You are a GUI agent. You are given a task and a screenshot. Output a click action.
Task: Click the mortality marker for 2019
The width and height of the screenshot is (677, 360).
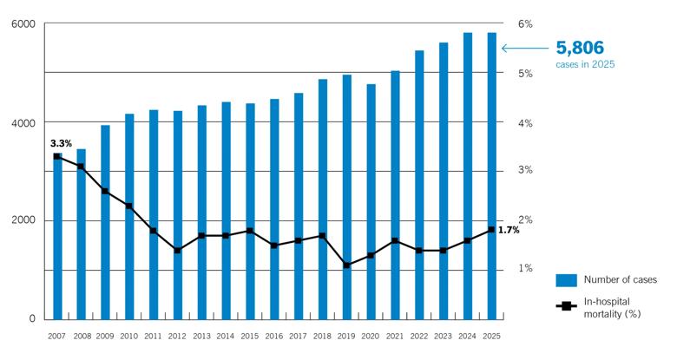pos(346,265)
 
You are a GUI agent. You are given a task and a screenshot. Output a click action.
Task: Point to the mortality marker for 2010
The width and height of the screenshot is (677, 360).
pos(129,206)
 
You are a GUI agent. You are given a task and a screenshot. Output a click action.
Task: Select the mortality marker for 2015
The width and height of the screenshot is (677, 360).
pos(250,231)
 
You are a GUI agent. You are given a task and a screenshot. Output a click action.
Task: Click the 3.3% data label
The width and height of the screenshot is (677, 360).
pos(61,143)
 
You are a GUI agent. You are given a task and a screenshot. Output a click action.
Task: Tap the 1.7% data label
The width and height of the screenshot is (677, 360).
pos(509,230)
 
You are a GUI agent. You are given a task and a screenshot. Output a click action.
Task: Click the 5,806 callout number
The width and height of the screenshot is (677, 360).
pos(580,48)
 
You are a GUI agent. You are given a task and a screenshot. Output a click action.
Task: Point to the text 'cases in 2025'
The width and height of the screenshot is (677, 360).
pos(586,65)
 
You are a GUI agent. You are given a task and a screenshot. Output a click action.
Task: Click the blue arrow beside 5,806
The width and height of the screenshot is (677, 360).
pos(526,49)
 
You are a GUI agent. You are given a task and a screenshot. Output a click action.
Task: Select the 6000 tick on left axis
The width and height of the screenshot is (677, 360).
pos(23,23)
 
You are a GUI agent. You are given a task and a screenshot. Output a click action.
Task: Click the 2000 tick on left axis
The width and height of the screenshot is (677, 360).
pos(23,220)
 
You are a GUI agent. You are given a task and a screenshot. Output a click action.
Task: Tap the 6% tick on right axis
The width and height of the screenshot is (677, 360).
pos(524,23)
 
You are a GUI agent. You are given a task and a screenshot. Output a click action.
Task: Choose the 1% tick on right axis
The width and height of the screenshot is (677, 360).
pos(524,269)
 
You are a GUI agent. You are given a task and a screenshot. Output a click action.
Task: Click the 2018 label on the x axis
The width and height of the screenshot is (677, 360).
pos(322,336)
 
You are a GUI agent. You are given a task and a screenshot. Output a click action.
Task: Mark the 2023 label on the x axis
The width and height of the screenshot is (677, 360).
pos(443,336)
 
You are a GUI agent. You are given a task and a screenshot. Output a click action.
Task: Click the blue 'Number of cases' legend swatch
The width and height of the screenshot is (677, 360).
pos(566,279)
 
